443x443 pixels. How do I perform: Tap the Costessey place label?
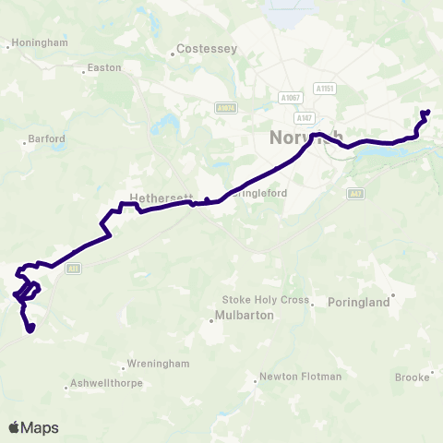pos(207,48)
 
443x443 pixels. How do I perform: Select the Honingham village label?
pos(39,43)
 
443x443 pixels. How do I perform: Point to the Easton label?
pos(103,67)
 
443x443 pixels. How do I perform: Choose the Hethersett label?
pos(159,198)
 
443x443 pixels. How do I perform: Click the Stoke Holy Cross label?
pos(265,299)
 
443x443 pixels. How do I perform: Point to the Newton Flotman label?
pos(300,376)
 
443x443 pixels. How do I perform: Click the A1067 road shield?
pos(290,96)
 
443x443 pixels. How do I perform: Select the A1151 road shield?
pos(323,89)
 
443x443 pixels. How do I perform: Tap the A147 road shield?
pos(304,118)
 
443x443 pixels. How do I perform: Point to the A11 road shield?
pos(74,269)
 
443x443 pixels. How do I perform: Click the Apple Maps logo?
pos(33,427)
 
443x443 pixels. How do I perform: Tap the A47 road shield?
pos(356,194)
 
